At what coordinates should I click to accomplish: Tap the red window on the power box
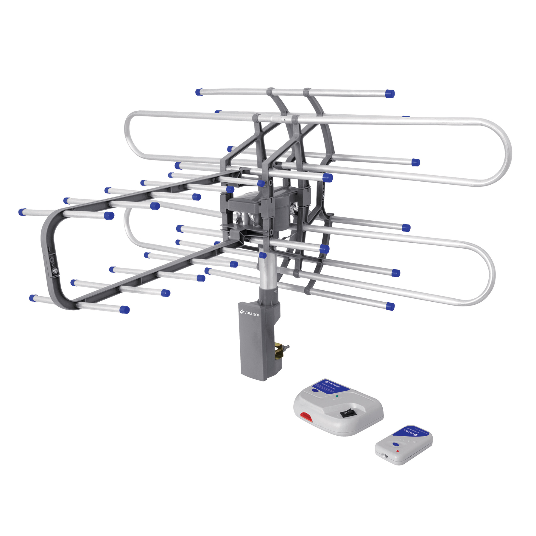pos(306,417)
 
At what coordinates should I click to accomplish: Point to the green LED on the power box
pos(337,396)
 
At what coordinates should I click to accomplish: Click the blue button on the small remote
pos(395,444)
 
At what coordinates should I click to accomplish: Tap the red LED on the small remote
pos(398,451)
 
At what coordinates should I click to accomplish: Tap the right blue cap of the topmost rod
pos(390,94)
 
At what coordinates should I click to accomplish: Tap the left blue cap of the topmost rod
pos(199,92)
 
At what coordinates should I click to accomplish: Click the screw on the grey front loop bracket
pos(55,271)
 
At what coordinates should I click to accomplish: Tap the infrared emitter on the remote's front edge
pos(386,455)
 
